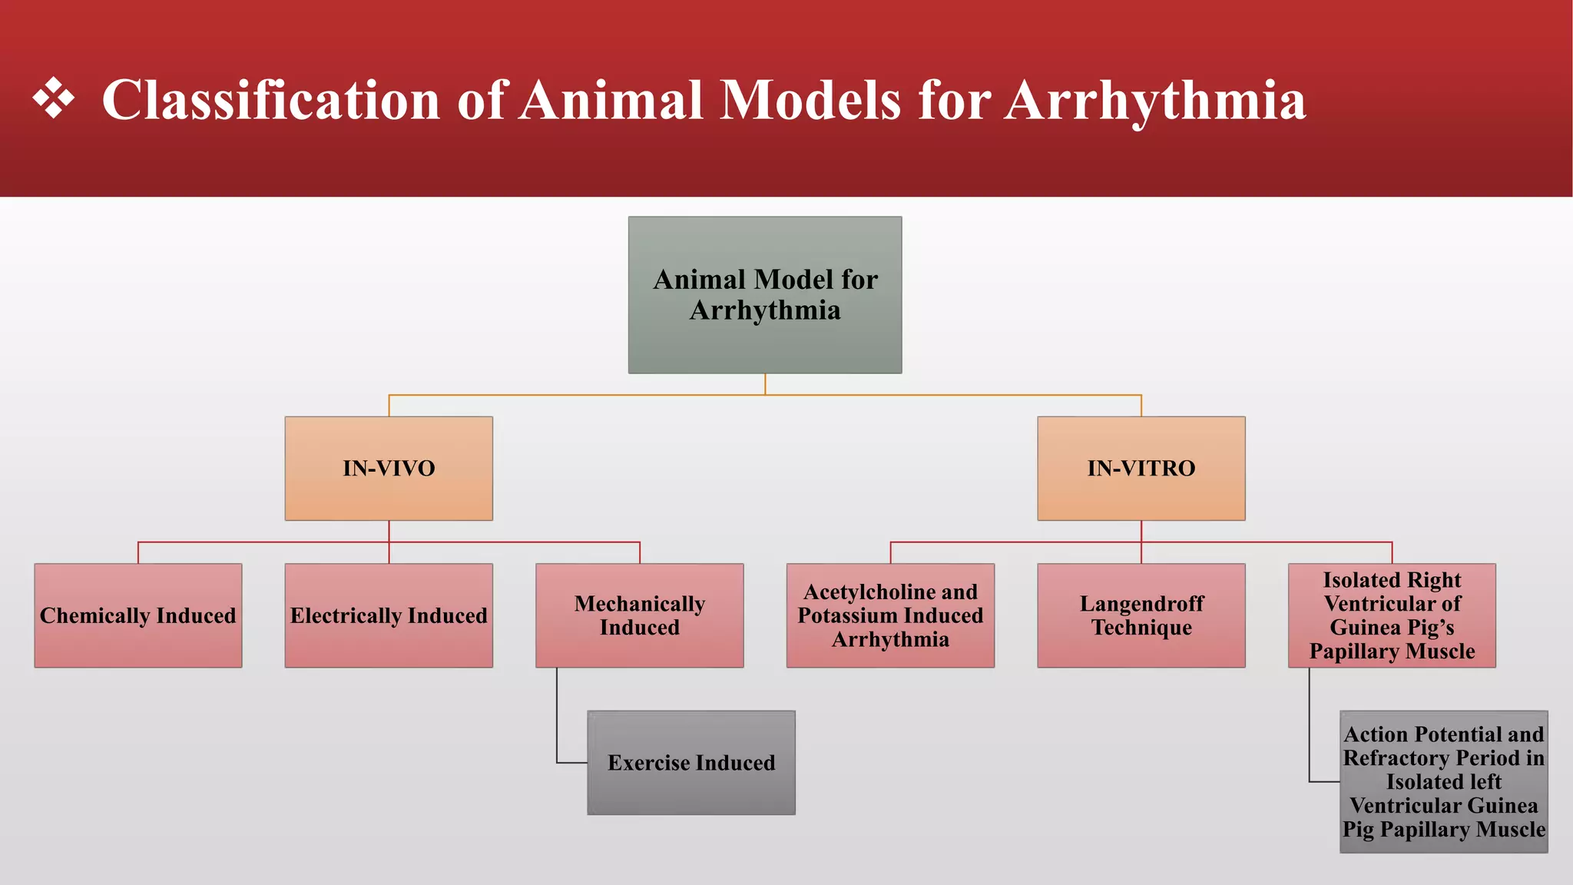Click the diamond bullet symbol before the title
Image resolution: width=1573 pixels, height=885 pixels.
coord(54,99)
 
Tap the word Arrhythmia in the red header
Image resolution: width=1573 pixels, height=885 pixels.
coord(1155,101)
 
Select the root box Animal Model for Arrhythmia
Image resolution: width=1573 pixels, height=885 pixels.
coord(765,295)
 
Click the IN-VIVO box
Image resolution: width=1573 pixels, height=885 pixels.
coord(389,469)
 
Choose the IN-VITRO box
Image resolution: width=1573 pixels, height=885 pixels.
coord(1141,469)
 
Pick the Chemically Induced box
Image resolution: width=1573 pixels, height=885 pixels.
coord(138,615)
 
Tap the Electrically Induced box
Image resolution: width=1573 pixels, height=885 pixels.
coord(389,615)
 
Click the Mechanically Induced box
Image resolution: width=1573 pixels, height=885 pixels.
coord(640,615)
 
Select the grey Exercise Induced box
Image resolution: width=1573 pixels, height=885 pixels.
coord(691,763)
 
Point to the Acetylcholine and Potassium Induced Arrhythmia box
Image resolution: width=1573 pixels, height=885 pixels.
coord(890,615)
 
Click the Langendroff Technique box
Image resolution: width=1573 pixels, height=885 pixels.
coord(1141,615)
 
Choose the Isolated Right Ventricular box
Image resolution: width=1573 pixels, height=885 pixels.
coord(1392,615)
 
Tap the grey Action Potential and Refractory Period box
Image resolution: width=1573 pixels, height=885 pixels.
coord(1444,782)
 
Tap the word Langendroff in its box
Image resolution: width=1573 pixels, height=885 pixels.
coord(1141,604)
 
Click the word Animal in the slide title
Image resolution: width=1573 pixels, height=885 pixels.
coord(611,101)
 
